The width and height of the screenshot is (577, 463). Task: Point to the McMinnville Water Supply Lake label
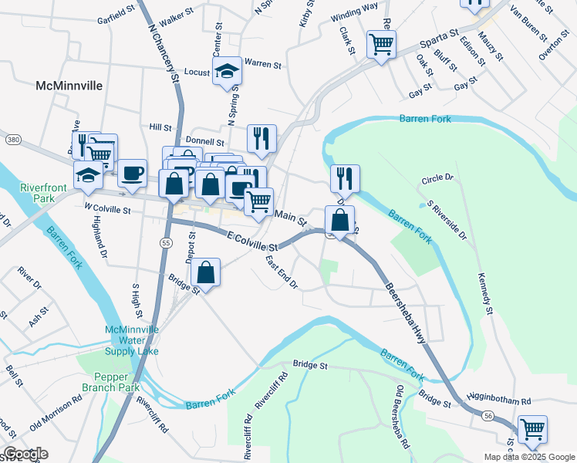click(132, 340)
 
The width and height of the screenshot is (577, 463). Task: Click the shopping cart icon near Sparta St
click(381, 43)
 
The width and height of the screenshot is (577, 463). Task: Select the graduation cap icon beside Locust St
click(227, 71)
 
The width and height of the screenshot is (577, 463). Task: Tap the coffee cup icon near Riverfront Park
click(133, 173)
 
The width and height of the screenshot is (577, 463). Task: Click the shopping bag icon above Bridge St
click(206, 272)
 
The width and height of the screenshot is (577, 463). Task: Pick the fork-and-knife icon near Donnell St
click(262, 137)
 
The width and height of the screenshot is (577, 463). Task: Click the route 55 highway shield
click(166, 242)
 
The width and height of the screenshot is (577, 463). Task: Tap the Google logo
click(25, 454)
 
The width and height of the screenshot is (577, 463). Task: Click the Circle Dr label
click(437, 179)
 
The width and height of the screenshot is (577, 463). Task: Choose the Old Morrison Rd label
click(56, 414)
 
